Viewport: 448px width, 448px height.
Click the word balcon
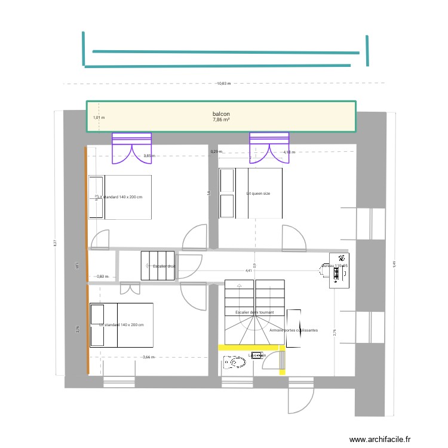pyautogui.click(x=221, y=113)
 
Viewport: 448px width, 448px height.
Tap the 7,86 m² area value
pyautogui.click(x=221, y=119)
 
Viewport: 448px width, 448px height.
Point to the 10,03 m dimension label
pyautogui.click(x=223, y=84)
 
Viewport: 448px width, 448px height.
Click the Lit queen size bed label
pyautogui.click(x=258, y=194)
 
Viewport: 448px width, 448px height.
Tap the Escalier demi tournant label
pyautogui.click(x=254, y=312)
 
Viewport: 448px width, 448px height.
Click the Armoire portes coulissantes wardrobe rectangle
pyautogui.click(x=293, y=328)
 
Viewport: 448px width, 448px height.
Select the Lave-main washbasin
pyautogui.click(x=257, y=355)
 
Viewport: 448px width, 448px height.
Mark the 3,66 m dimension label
pyautogui.click(x=149, y=357)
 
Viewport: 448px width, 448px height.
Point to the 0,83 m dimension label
pyautogui.click(x=103, y=277)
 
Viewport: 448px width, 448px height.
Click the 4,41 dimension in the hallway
pyautogui.click(x=248, y=271)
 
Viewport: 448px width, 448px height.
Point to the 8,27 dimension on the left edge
pyautogui.click(x=55, y=243)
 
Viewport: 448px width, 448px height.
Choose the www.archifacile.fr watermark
pyautogui.click(x=381, y=439)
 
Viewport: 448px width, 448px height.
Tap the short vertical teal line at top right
pyautogui.click(x=367, y=50)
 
